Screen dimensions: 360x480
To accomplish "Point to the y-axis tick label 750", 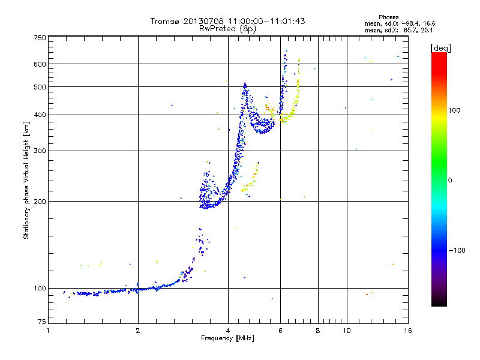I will point(40,38).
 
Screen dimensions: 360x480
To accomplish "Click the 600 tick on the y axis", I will point(40,64).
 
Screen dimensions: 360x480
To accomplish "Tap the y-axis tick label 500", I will point(40,86).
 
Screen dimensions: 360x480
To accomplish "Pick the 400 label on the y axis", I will point(40,115).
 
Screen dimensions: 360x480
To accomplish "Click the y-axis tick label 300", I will point(40,151).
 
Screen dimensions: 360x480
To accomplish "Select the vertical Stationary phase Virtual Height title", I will point(26,180).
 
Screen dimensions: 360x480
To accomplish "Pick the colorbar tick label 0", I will point(451,180).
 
